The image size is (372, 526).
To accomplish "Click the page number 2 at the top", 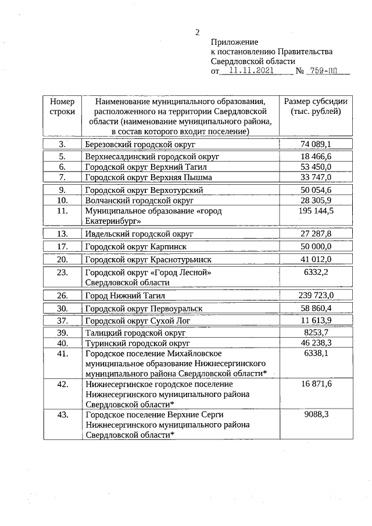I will coord(198,33).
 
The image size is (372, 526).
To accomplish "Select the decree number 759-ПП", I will coord(325,71).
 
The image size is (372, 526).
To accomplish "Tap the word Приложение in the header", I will coord(234,42).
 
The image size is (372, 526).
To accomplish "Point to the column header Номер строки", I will coord(62,106).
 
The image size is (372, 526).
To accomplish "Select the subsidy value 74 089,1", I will coord(316,144).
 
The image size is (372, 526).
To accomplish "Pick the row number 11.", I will coord(62,211).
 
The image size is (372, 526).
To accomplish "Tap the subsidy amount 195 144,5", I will coord(316,211).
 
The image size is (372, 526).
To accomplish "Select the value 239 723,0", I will coord(316,295).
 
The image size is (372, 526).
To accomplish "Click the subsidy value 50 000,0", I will coord(316,246).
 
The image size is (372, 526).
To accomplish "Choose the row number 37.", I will coord(62,320).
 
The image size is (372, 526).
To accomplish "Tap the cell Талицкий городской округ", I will coord(134,333).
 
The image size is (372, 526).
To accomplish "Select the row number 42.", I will coord(62,384).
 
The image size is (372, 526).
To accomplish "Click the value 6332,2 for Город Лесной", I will coord(316,272).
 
